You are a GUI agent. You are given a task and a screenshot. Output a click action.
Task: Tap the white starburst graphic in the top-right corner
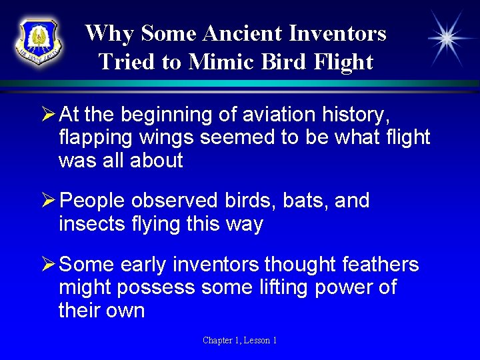pos(446,39)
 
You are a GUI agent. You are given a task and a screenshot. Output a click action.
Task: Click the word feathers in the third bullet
pos(380,265)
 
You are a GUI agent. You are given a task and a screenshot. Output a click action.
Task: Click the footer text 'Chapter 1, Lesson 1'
pos(240,341)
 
